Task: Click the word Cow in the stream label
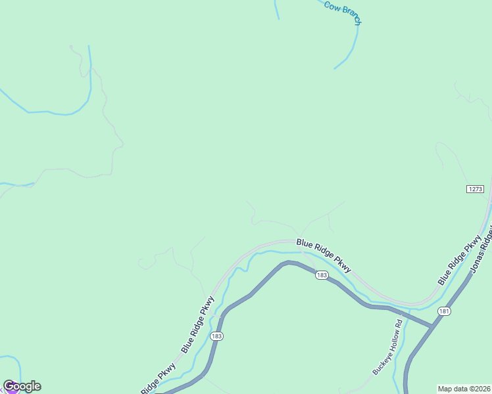click(x=331, y=6)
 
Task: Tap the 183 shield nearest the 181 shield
click(x=321, y=275)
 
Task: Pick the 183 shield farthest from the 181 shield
click(x=216, y=336)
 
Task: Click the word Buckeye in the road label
click(x=381, y=363)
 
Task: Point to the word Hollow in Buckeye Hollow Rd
click(x=393, y=341)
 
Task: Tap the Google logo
click(x=22, y=386)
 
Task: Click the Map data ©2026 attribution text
click(x=464, y=389)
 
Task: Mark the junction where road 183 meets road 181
click(x=432, y=325)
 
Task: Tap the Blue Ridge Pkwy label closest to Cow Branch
click(x=324, y=255)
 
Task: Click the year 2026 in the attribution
click(x=483, y=389)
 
